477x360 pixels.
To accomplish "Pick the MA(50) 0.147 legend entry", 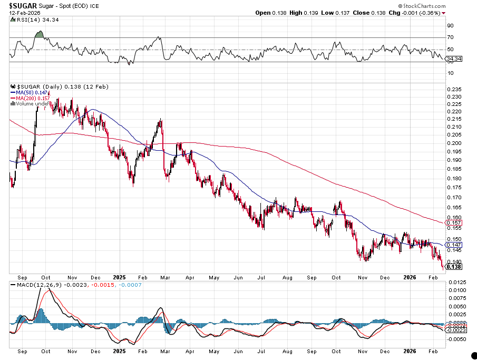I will coord(32,92).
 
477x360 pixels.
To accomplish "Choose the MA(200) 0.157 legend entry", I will coord(33,98).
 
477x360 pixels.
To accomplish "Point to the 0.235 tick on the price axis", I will coord(453,90).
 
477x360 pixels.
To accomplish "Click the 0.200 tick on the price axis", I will coord(453,143).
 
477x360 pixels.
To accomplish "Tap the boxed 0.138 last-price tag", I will coord(454,267).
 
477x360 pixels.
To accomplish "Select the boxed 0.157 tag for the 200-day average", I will coord(454,222).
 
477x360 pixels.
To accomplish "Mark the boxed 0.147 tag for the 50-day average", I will coord(454,245).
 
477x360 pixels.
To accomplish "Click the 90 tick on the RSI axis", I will coord(451,25).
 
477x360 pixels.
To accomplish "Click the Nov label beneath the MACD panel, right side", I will coord(362,351).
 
